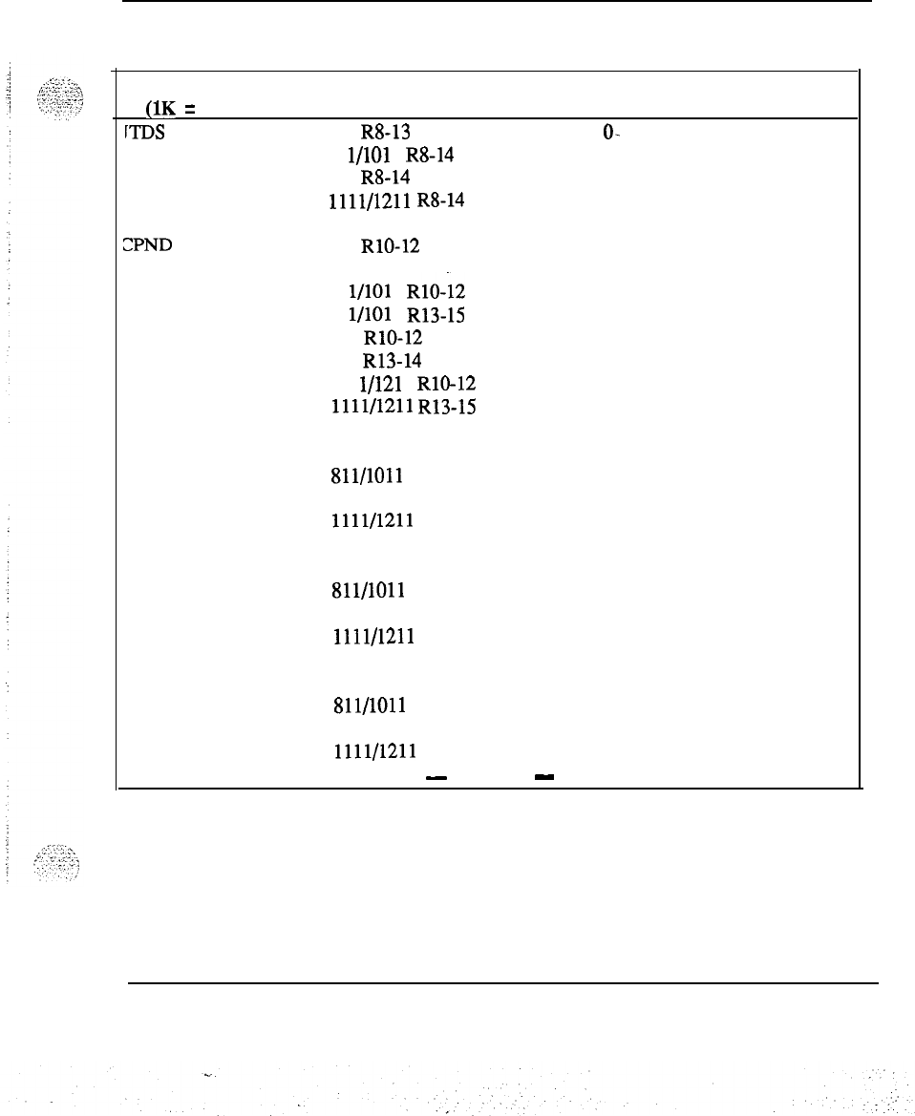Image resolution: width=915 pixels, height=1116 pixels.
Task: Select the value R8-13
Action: tap(385, 135)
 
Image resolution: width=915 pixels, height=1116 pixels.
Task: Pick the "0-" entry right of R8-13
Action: tap(612, 135)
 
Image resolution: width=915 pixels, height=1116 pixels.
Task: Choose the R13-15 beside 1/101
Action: tap(437, 313)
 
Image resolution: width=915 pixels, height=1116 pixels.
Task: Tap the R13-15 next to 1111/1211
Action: tap(448, 407)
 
